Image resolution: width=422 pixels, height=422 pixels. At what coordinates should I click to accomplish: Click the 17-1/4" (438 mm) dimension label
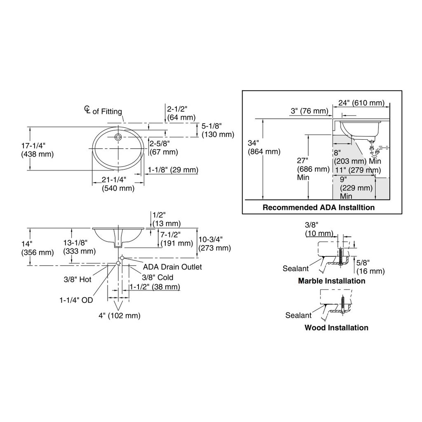click(x=38, y=150)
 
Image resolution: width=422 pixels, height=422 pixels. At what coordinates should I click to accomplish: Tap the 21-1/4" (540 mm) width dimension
click(x=118, y=184)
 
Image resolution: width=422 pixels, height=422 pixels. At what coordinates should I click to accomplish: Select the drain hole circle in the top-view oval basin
click(x=118, y=137)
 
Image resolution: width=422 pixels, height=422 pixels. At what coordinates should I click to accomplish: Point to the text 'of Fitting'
click(x=107, y=111)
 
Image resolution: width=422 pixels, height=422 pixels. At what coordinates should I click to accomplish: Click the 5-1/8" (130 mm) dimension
click(x=218, y=130)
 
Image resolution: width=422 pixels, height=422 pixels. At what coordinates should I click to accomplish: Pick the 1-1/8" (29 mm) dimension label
click(x=173, y=170)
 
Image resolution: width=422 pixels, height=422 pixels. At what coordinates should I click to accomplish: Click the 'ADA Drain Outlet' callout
click(x=172, y=267)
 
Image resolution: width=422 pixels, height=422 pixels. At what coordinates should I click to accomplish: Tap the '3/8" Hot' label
click(x=77, y=279)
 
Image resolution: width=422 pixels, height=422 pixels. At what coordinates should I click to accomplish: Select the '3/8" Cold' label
click(x=157, y=277)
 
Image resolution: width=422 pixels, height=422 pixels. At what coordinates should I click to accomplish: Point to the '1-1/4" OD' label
click(x=76, y=300)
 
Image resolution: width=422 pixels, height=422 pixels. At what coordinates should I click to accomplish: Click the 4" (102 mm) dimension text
click(x=120, y=315)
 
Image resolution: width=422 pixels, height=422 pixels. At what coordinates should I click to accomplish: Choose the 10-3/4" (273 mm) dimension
click(x=214, y=244)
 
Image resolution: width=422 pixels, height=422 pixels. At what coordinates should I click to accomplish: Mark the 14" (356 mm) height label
click(x=38, y=248)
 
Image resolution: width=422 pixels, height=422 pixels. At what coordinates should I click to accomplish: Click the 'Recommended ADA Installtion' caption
click(x=319, y=208)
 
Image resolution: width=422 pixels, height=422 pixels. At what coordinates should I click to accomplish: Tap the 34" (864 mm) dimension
click(x=264, y=147)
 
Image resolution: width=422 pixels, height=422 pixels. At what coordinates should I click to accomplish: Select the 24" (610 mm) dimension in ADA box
click(x=361, y=103)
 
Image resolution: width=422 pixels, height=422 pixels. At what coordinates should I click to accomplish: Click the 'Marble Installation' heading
click(x=332, y=281)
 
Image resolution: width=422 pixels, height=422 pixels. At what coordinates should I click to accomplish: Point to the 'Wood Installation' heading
click(x=336, y=328)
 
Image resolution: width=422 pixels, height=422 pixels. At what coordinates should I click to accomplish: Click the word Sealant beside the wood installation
click(x=298, y=315)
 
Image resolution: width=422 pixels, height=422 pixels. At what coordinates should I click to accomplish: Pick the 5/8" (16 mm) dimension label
click(x=370, y=267)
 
